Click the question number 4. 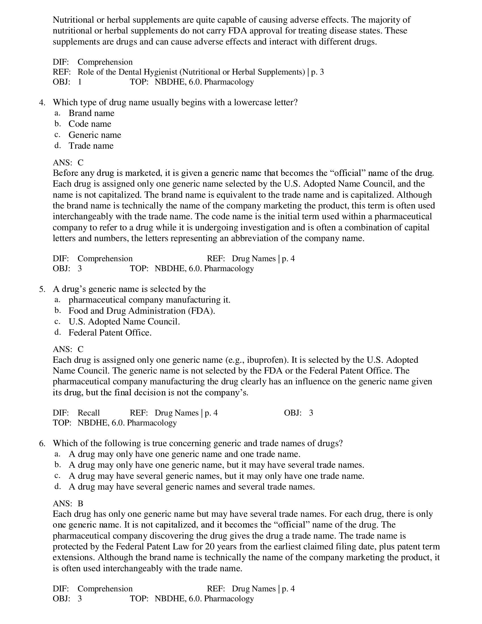click(42, 103)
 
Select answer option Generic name click(94, 135)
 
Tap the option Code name click(90, 124)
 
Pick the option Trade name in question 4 click(91, 146)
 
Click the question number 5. click(42, 289)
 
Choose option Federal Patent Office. click(110, 333)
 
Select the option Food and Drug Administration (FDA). click(141, 311)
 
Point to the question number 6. click(42, 443)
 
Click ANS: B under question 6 click(68, 503)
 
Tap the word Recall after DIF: click(88, 413)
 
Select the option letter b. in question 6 click(58, 465)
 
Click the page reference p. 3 click(318, 72)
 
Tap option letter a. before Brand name click(57, 113)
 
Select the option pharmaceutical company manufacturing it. click(149, 300)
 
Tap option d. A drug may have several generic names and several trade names click(191, 486)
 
